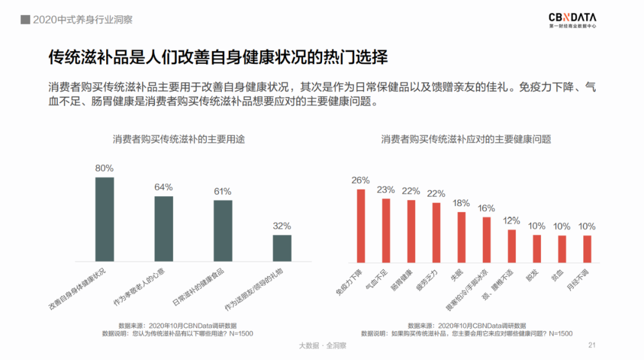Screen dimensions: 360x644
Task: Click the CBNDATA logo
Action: [572, 20]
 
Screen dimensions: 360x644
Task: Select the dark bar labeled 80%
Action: [104, 219]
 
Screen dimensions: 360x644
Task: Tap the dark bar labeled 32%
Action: [282, 248]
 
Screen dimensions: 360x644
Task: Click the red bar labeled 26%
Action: [361, 226]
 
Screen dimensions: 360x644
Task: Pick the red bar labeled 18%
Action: [461, 237]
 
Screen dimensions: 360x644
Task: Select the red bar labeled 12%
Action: [511, 246]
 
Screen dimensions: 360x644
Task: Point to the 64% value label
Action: [163, 187]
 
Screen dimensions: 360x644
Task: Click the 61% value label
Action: [222, 191]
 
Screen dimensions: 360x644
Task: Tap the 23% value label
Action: [386, 190]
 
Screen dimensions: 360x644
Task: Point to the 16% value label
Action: [486, 208]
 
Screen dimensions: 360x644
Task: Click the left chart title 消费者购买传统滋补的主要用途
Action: [179, 139]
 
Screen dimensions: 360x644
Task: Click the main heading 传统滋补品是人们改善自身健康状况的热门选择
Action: [218, 58]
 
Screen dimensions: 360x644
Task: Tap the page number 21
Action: [592, 345]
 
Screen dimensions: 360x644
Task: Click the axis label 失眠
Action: [457, 273]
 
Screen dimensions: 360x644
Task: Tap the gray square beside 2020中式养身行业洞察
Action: [26, 20]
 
